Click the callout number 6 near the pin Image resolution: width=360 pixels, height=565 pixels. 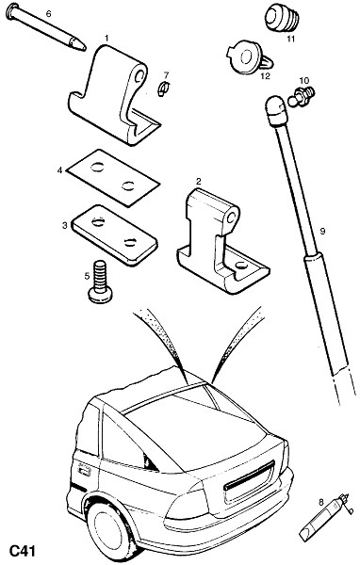(x=49, y=14)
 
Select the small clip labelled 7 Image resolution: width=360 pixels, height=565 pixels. (x=163, y=89)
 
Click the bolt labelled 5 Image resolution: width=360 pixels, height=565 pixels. (x=100, y=282)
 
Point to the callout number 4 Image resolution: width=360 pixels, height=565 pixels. (x=60, y=169)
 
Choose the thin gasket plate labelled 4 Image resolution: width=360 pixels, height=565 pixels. (x=113, y=178)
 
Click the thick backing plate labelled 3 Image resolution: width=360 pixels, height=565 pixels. (x=114, y=234)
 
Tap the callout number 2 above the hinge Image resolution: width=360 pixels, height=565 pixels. (x=198, y=181)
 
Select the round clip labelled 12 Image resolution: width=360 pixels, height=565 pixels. (x=249, y=58)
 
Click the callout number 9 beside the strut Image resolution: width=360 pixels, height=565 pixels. (x=322, y=231)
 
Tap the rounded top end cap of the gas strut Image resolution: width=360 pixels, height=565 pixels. (x=276, y=110)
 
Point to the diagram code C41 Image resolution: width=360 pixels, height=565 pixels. (x=22, y=551)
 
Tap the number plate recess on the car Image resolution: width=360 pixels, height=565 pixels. (x=249, y=478)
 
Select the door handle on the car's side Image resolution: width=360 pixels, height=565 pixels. (x=84, y=470)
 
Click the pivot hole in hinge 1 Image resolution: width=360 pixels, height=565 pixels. (x=139, y=75)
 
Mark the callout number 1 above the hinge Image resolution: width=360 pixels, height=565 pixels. (x=106, y=38)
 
